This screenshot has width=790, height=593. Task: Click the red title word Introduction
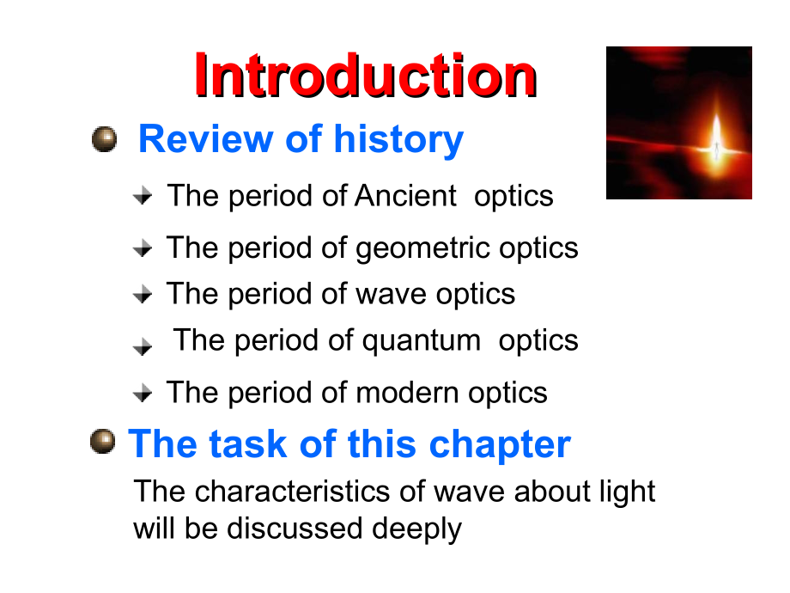pos(365,75)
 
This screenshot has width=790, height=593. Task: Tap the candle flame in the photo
pos(715,138)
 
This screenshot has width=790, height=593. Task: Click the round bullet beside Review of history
pos(104,138)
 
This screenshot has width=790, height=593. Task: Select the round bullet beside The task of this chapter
pos(102,443)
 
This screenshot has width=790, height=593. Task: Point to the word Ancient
pos(405,196)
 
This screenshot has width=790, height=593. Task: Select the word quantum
pos(421,340)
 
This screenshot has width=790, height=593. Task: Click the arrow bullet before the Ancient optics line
pos(143,197)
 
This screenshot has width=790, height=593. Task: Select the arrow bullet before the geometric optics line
pos(143,248)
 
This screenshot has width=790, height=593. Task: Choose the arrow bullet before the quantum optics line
pos(143,345)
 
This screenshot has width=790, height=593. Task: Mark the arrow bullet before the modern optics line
pos(143,394)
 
